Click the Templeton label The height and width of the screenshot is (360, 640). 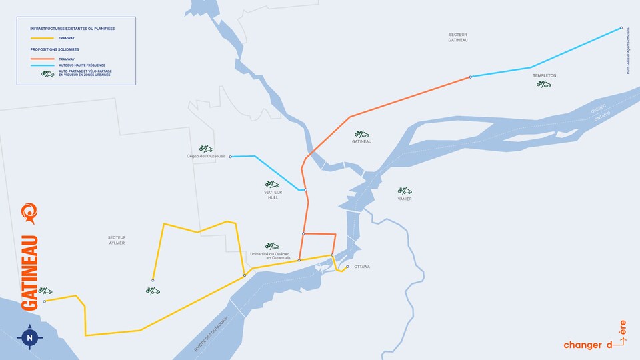(x=544, y=75)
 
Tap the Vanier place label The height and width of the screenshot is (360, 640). (x=405, y=199)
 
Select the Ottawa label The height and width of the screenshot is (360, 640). (x=362, y=267)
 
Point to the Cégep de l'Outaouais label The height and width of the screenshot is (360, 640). (x=207, y=157)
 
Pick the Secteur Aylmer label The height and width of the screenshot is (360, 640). (x=117, y=240)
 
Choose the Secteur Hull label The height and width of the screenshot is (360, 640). (x=273, y=195)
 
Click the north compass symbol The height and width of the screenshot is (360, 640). (x=29, y=338)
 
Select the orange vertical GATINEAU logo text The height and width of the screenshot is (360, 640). (x=30, y=273)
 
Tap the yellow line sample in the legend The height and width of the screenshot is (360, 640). (x=43, y=39)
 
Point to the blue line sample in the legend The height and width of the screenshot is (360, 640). (x=43, y=65)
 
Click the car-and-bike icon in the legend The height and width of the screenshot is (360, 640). (x=47, y=73)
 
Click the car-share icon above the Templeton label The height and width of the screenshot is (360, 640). (x=543, y=84)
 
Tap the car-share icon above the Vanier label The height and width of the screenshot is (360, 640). (x=404, y=190)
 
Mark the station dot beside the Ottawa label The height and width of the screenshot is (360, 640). (x=347, y=267)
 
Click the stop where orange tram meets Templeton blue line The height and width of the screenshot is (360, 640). (x=470, y=77)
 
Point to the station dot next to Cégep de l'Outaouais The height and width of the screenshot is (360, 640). (x=230, y=157)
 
